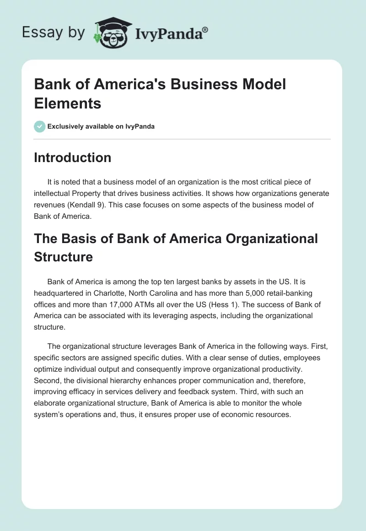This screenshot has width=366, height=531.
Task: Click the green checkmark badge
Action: [40, 126]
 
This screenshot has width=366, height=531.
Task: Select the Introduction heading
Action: [73, 157]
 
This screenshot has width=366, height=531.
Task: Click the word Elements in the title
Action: [68, 103]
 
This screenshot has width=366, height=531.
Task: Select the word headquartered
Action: [57, 293]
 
